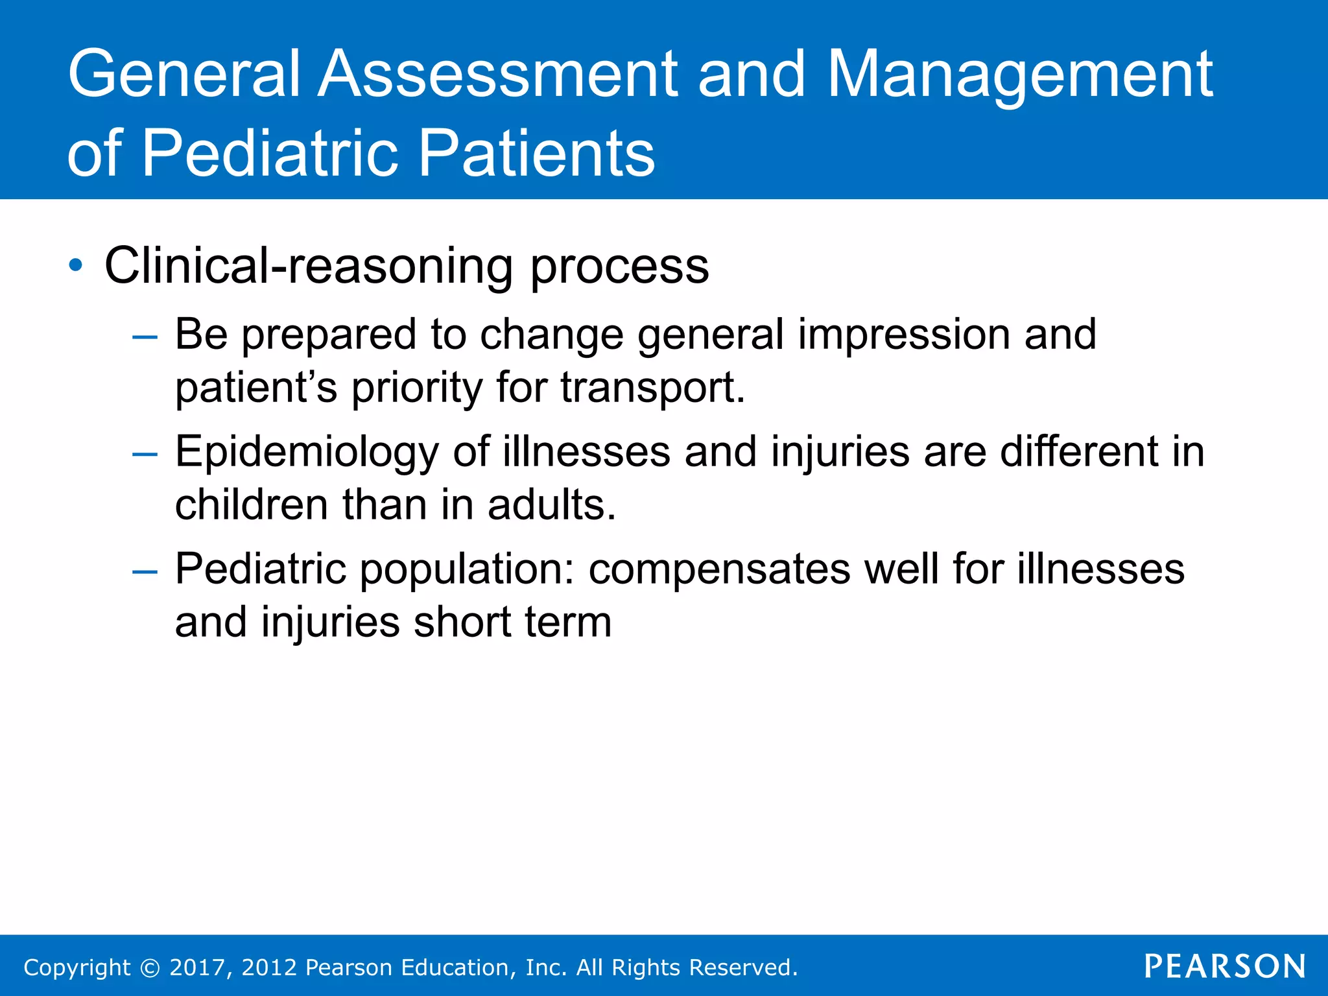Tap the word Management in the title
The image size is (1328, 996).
1019,77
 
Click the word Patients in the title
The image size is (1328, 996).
537,154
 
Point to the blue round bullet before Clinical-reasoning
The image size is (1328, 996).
76,265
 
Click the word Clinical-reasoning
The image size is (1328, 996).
309,266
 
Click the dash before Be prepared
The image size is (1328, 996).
144,337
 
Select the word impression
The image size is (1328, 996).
904,335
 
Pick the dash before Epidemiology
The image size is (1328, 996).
144,454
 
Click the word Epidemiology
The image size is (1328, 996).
307,453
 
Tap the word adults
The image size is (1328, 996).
551,504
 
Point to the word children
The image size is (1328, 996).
252,504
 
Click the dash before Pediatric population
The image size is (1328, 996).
144,571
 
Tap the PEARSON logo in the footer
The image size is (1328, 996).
1224,966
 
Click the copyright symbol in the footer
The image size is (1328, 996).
150,967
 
